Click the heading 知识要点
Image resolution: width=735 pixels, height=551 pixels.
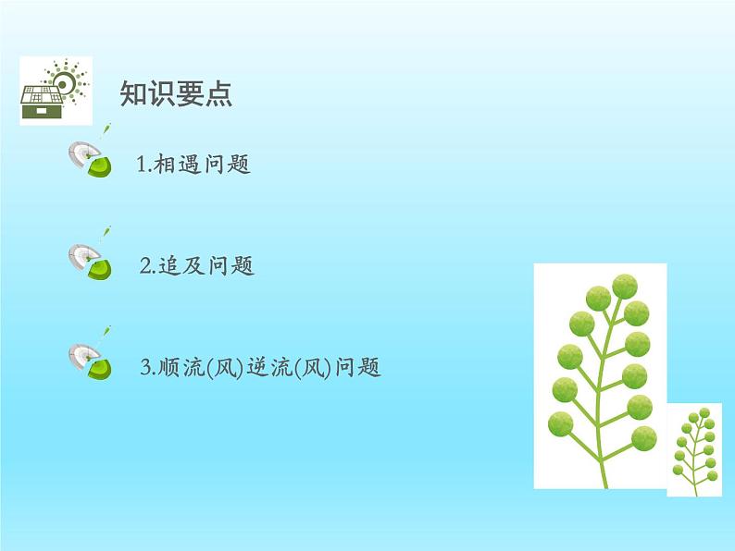pos(176,93)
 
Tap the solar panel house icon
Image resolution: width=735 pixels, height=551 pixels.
pos(56,91)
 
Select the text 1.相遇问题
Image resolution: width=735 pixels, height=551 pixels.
pos(193,164)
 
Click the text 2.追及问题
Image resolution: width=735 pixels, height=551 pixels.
pos(197,265)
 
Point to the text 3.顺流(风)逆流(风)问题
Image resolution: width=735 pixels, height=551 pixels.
pos(260,367)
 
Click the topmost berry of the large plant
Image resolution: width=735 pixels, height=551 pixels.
pos(625,287)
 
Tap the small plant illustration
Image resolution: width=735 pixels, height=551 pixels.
pos(694,450)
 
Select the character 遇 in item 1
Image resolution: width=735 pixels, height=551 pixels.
pos(190,165)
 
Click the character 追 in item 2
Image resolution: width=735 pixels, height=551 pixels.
pos(169,266)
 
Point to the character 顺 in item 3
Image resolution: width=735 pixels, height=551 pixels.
pos(168,368)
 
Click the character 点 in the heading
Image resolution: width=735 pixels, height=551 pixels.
pos(218,93)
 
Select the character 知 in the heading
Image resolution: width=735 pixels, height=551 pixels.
pos(133,93)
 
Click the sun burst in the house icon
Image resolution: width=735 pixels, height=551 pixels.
pos(65,82)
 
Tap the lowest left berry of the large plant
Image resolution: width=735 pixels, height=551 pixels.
pos(561,424)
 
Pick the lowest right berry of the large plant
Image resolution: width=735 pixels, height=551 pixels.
pos(644,438)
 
